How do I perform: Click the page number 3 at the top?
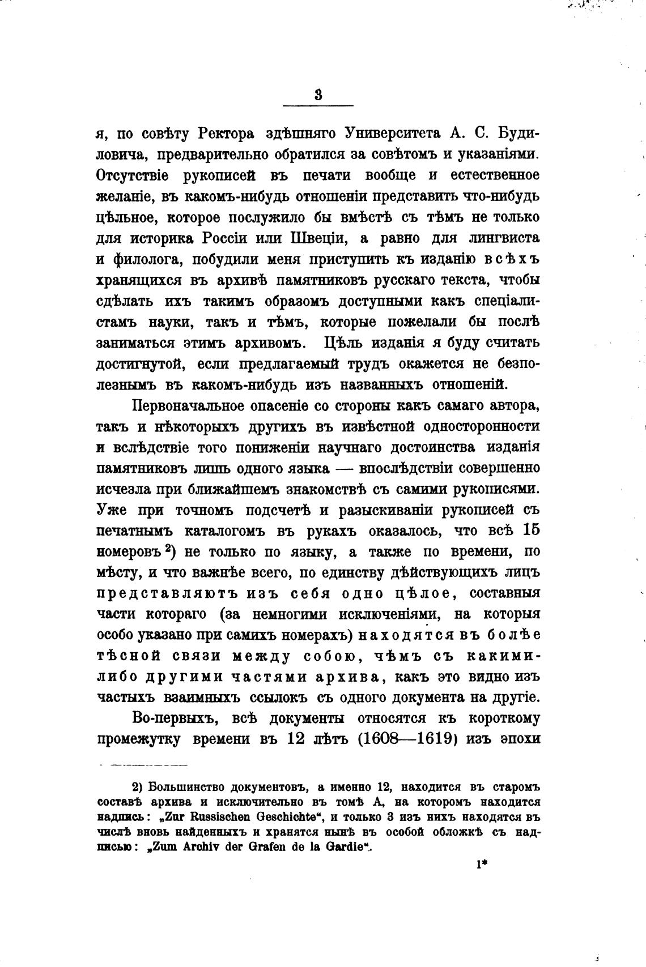[318, 95]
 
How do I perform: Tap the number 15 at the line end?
[530, 531]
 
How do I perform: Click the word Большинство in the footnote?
[180, 788]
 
